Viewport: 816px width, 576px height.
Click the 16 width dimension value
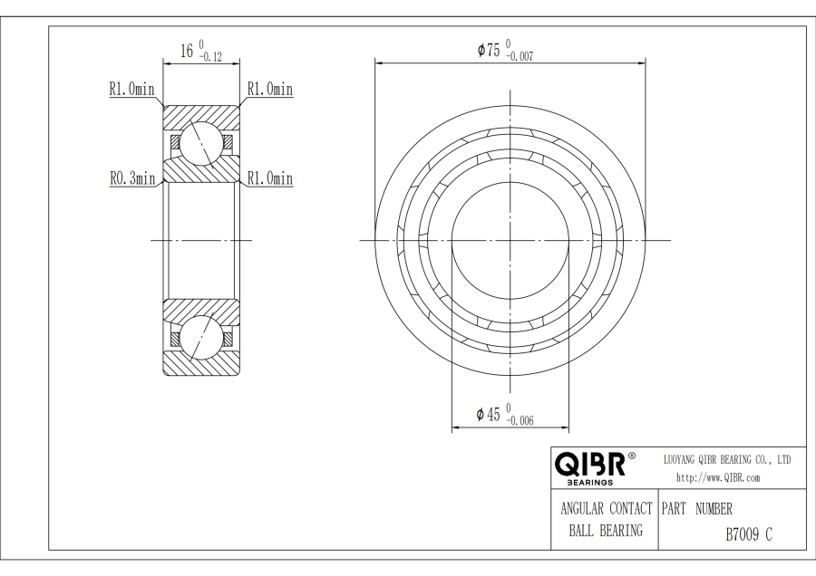tap(186, 51)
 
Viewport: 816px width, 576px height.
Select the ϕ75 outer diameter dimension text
tap(489, 51)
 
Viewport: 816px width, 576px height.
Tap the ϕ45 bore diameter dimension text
tap(488, 414)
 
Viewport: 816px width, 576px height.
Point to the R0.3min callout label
tap(132, 178)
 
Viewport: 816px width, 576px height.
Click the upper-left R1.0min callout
tap(131, 89)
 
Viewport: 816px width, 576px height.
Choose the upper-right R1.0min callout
tap(270, 89)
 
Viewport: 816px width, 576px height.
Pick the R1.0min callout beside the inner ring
tap(270, 178)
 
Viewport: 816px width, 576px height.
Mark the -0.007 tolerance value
tap(520, 57)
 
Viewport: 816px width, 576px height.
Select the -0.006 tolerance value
tap(520, 420)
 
